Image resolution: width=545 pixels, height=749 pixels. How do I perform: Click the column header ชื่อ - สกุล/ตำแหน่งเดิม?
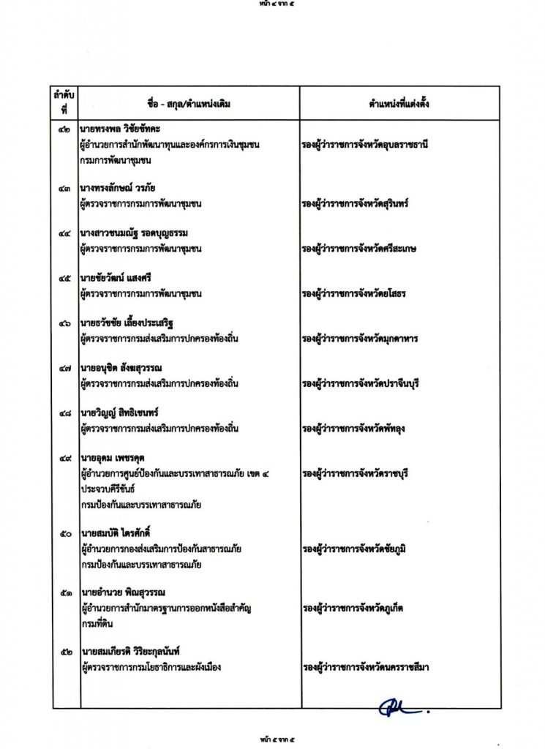pyautogui.click(x=189, y=103)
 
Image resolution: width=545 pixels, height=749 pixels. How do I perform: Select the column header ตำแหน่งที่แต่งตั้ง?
pyautogui.click(x=399, y=103)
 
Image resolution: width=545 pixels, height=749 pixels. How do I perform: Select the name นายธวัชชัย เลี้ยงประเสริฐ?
pyautogui.click(x=129, y=323)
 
